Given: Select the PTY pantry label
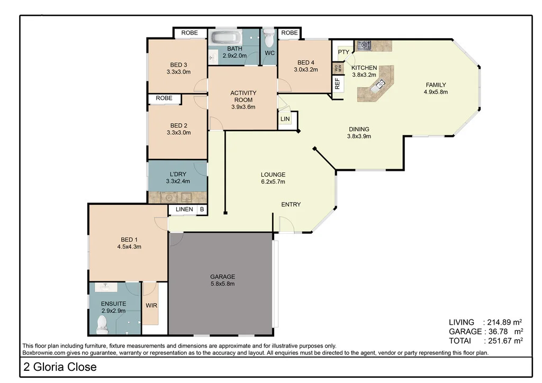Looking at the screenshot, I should point(344,52).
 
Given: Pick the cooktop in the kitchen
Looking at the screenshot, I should point(364,45).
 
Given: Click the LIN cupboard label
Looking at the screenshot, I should point(285,120).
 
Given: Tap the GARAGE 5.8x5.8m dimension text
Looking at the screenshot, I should point(222,284).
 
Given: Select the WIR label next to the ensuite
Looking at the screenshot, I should point(151,306).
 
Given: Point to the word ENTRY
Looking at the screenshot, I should point(291,205).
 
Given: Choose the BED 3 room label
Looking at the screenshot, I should point(178,65).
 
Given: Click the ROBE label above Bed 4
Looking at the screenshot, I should point(290,33).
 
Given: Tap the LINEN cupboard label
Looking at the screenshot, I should point(184,209).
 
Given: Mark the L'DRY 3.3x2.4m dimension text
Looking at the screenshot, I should point(178,181).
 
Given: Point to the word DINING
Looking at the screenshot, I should point(359,129).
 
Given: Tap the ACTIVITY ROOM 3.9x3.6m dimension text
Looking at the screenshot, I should point(243,107).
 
